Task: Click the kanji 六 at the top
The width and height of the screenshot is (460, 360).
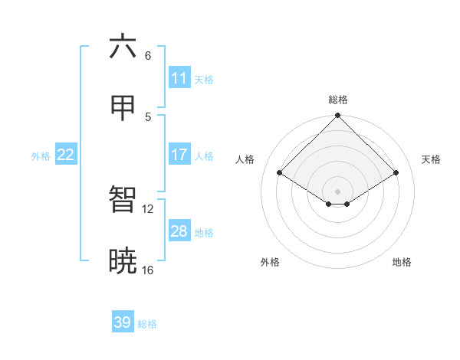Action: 123,47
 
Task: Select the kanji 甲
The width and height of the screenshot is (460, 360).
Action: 123,109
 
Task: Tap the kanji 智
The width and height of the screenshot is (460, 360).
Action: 123,199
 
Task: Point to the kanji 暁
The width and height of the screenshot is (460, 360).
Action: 123,261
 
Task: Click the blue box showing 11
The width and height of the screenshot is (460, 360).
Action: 179,78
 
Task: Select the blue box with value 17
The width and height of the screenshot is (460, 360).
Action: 179,155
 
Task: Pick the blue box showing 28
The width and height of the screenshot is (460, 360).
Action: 179,231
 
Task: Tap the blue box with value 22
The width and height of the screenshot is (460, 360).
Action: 66,155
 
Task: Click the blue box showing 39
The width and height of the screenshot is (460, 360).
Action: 123,322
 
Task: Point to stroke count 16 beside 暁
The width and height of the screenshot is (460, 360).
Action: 147,270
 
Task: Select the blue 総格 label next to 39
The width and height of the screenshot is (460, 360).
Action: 147,324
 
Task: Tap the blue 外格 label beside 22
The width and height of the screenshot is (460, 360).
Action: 41,156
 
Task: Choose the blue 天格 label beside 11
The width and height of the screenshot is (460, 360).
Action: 204,80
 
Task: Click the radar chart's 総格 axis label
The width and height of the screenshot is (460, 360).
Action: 337,100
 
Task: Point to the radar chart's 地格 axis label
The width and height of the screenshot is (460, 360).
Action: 402,262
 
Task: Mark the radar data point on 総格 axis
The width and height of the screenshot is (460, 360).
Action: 337,116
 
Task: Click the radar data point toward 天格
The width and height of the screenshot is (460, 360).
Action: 396,173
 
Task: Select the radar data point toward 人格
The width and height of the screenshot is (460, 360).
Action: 280,173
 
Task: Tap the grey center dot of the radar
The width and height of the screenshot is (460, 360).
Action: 337,191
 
